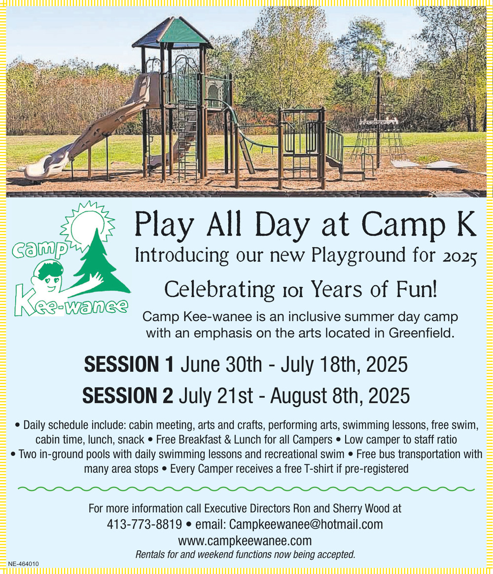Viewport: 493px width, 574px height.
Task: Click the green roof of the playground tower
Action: [173, 33]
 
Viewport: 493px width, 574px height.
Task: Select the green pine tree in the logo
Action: [101, 264]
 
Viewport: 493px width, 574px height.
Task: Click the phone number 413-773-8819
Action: [144, 524]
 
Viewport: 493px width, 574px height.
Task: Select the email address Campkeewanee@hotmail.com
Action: [306, 524]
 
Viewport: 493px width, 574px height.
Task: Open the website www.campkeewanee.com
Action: [245, 540]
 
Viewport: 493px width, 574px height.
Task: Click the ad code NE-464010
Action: [23, 564]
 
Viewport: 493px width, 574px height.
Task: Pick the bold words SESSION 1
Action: [129, 364]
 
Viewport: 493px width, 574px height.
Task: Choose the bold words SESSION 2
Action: [128, 395]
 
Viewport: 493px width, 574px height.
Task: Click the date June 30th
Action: [221, 365]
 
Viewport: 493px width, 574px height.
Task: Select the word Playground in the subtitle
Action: [358, 255]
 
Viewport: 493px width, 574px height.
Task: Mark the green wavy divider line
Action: [246, 489]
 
